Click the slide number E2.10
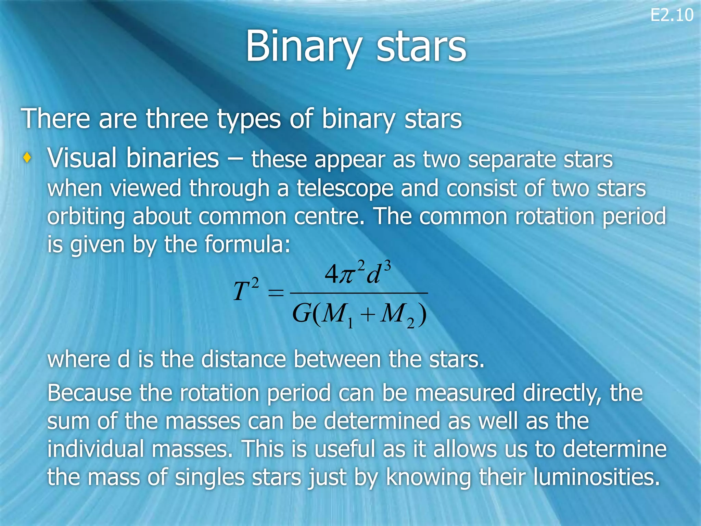pos(672,16)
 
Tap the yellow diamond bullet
pos(27,158)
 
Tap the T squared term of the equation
pos(246,289)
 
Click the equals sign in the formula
pos(276,293)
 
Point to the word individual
pos(95,449)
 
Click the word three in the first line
pos(177,119)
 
